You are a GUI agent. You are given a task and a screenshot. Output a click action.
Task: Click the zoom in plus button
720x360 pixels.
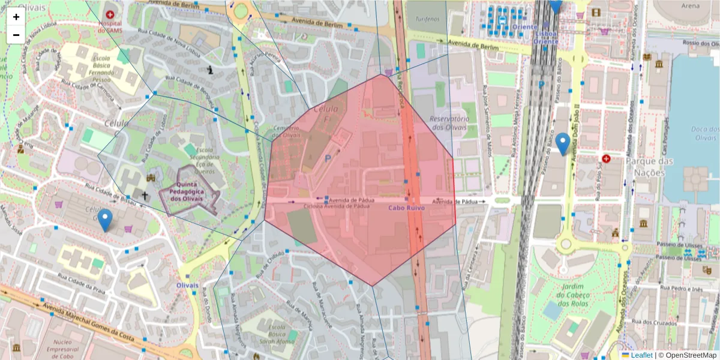pos(16,17)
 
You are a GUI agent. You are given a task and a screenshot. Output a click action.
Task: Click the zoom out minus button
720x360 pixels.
pos(16,35)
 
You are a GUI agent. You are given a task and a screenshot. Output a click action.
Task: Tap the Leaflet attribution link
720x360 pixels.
pos(641,355)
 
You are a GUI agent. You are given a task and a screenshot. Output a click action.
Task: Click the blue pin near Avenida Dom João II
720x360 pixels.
pos(562,144)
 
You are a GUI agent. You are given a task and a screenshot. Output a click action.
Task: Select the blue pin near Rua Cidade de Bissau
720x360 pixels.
pos(105,220)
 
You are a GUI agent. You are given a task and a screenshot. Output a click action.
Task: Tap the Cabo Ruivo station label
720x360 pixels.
pos(406,208)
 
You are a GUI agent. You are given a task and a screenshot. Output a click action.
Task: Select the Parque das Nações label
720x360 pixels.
pos(650,167)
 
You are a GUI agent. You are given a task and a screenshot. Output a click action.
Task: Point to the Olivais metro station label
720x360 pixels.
pos(187,286)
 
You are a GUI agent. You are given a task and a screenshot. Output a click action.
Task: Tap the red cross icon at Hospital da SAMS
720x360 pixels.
pos(109,13)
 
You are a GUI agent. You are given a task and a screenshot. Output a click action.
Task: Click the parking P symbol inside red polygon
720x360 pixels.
pos(328,159)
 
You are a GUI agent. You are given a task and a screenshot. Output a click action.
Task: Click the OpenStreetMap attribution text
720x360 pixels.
pos(690,355)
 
